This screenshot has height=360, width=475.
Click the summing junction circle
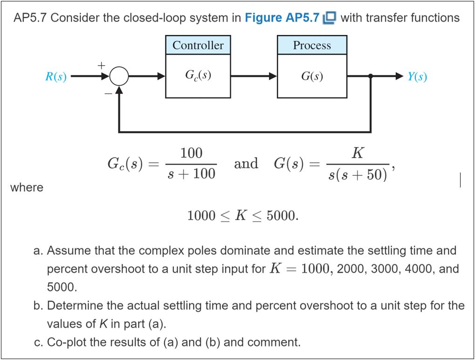(x=120, y=76)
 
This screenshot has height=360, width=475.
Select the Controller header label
(x=198, y=45)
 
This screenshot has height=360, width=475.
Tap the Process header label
(x=312, y=45)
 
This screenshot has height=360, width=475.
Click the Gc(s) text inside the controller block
(x=198, y=75)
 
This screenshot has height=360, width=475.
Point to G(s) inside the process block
(x=312, y=76)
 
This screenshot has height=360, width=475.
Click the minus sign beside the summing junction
(x=107, y=93)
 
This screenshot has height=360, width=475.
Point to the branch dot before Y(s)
(x=371, y=76)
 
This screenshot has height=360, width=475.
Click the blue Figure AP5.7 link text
(x=282, y=18)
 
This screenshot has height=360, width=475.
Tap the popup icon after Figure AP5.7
(x=330, y=18)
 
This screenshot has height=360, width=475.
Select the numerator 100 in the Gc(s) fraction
(x=191, y=153)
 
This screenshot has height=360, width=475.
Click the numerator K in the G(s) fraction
(x=358, y=153)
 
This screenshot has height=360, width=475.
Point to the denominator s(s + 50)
(x=357, y=175)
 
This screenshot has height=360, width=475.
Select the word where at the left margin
(x=26, y=187)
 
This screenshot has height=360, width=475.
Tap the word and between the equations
(x=246, y=164)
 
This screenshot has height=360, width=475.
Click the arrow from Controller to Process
(x=254, y=76)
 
